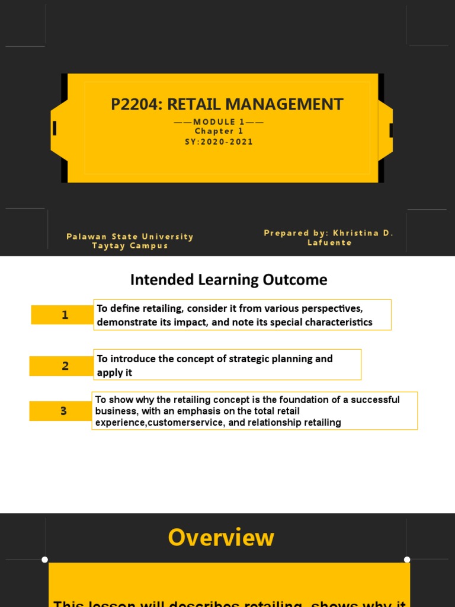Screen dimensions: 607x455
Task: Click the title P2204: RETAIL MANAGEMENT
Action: [227, 104]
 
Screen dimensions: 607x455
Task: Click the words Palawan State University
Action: [130, 237]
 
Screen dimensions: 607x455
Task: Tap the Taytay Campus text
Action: [130, 245]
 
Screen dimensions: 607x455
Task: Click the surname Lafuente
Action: [329, 242]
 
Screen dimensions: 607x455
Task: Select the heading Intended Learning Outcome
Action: [228, 279]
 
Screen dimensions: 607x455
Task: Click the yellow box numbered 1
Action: [62, 315]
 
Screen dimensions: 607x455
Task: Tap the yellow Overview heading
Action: [221, 538]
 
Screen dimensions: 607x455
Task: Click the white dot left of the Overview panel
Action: [45, 560]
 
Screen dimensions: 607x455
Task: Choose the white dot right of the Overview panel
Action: [407, 560]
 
